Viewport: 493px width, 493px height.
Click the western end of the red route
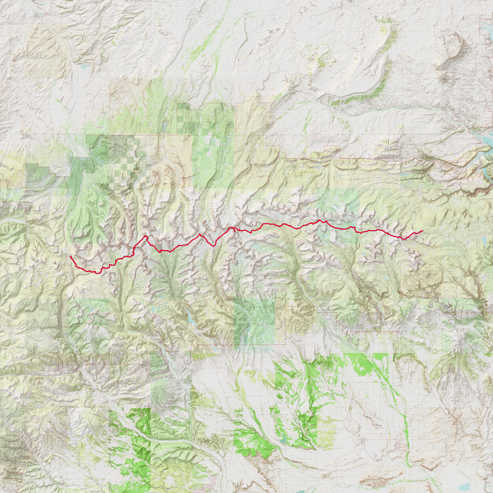71,256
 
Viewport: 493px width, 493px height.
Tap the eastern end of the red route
423,231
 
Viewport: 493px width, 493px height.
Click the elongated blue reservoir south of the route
189,318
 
